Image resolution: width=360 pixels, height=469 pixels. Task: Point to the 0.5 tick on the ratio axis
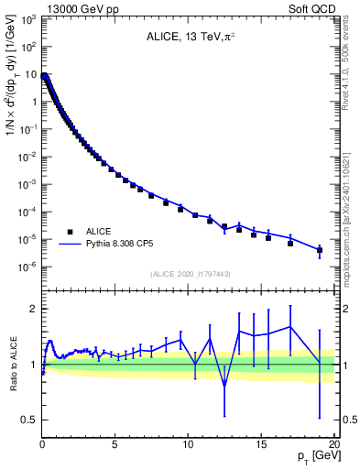[x=27, y=420]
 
